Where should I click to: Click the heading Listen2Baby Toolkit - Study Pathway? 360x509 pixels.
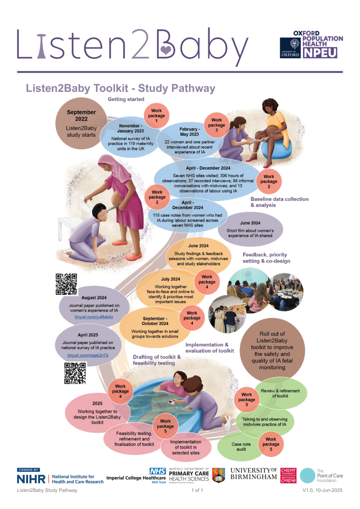point(121,89)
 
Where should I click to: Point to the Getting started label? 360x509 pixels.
point(126,99)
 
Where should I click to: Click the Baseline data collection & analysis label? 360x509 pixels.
point(279,202)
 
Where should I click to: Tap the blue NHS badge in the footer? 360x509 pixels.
point(157,471)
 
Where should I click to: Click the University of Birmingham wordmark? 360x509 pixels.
point(254,473)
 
